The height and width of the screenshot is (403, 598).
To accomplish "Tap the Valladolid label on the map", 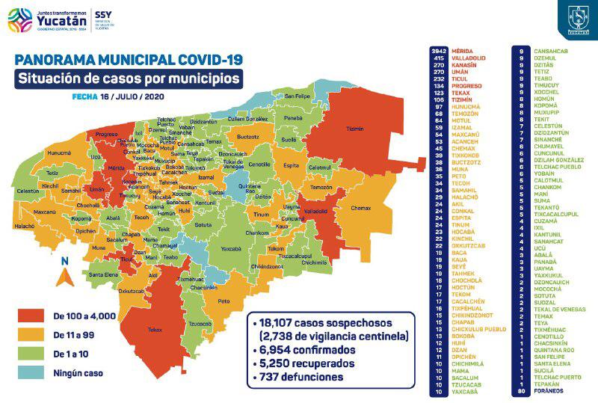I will point(316,212).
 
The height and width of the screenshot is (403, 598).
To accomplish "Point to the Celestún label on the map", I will point(27,191).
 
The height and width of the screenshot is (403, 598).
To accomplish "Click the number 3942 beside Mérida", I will point(439,50).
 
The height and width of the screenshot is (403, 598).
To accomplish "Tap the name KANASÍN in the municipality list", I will point(464,64).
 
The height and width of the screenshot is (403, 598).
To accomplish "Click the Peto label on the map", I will point(223,301).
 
